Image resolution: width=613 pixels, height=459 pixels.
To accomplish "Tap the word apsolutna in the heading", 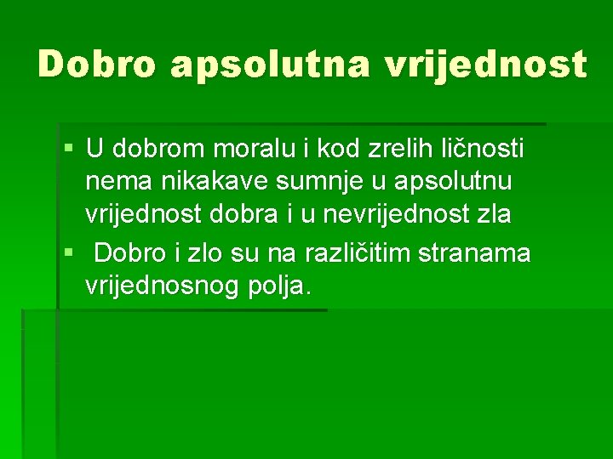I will coord(267,65).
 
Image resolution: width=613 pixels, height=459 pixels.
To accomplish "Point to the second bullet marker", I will coord(69,252).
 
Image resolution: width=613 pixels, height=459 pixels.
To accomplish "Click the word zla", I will coord(494,214).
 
